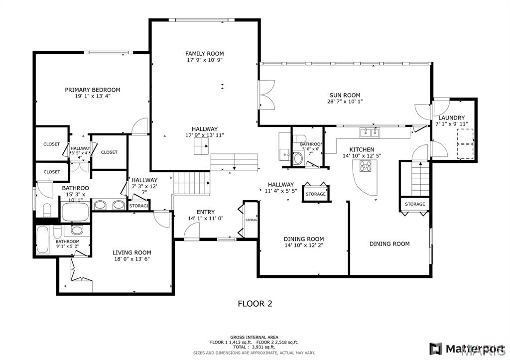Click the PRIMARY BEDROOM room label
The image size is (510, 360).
[x=92, y=90]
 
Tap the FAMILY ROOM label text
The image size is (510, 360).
[x=204, y=53]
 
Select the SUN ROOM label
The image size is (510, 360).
[x=344, y=95]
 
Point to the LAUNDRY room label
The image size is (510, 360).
[x=452, y=118]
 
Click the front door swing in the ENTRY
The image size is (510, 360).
[x=191, y=230]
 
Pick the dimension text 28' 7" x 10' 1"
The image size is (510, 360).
[x=345, y=102]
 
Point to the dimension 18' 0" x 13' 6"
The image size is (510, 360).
[x=131, y=259]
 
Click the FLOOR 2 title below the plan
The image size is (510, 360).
[x=255, y=303]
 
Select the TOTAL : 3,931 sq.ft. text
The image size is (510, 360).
[x=254, y=347]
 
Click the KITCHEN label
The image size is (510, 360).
[x=362, y=149]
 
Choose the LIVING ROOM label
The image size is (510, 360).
[x=131, y=252]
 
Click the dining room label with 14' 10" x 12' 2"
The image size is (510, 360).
[x=304, y=239]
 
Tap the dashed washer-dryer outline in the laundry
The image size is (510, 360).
[x=465, y=143]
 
